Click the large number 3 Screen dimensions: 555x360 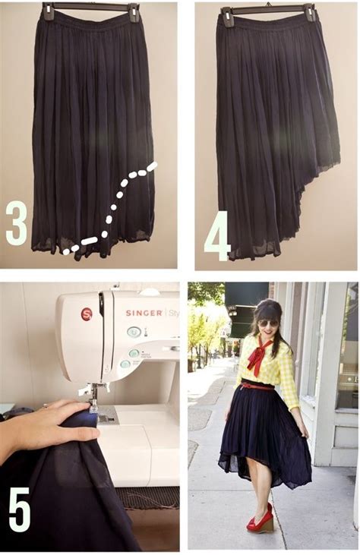click(17, 222)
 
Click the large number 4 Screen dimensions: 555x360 click(216, 237)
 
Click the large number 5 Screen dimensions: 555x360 click(20, 509)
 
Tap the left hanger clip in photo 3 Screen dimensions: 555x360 click(49, 11)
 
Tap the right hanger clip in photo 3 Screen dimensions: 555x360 click(134, 11)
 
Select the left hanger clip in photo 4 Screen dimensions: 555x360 click(226, 15)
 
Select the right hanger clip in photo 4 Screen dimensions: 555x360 click(310, 12)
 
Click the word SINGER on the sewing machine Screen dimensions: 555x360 click(144, 312)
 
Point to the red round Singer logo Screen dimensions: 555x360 click(86, 314)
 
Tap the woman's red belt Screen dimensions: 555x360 click(258, 386)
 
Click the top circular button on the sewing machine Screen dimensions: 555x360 click(134, 332)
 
